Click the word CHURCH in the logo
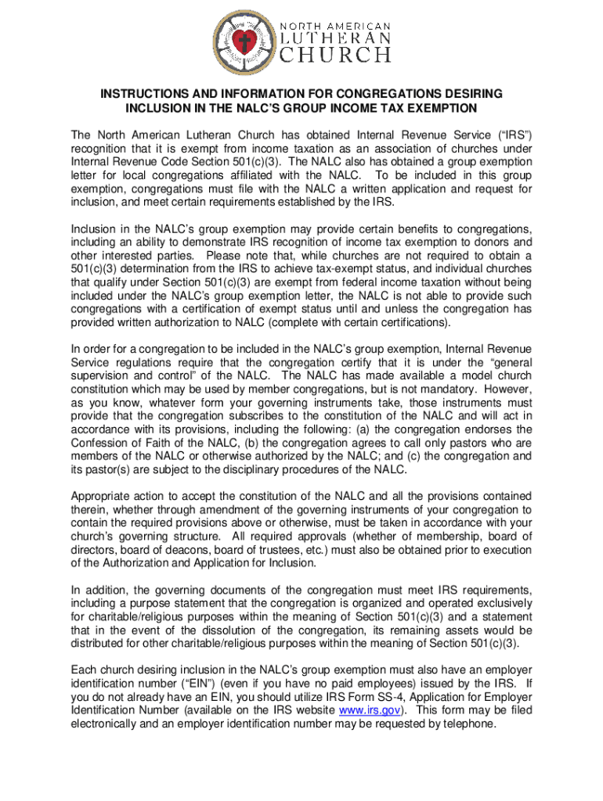[336, 55]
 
